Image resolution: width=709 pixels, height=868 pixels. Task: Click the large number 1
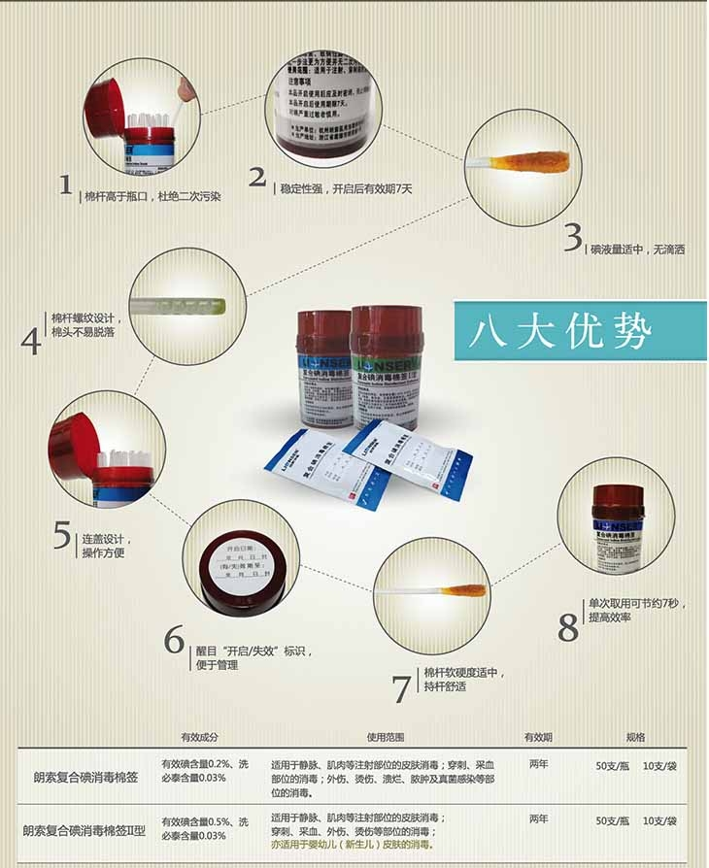tap(65, 184)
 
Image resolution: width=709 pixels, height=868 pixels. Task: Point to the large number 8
tap(568, 627)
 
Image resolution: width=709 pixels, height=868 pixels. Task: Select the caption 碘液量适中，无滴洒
tap(638, 250)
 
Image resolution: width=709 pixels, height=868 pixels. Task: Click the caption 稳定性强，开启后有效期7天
tap(346, 187)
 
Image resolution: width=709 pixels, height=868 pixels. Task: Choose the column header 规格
tap(636, 737)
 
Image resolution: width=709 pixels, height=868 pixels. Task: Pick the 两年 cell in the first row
tap(539, 764)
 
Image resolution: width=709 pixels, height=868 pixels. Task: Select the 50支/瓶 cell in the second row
tap(614, 820)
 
